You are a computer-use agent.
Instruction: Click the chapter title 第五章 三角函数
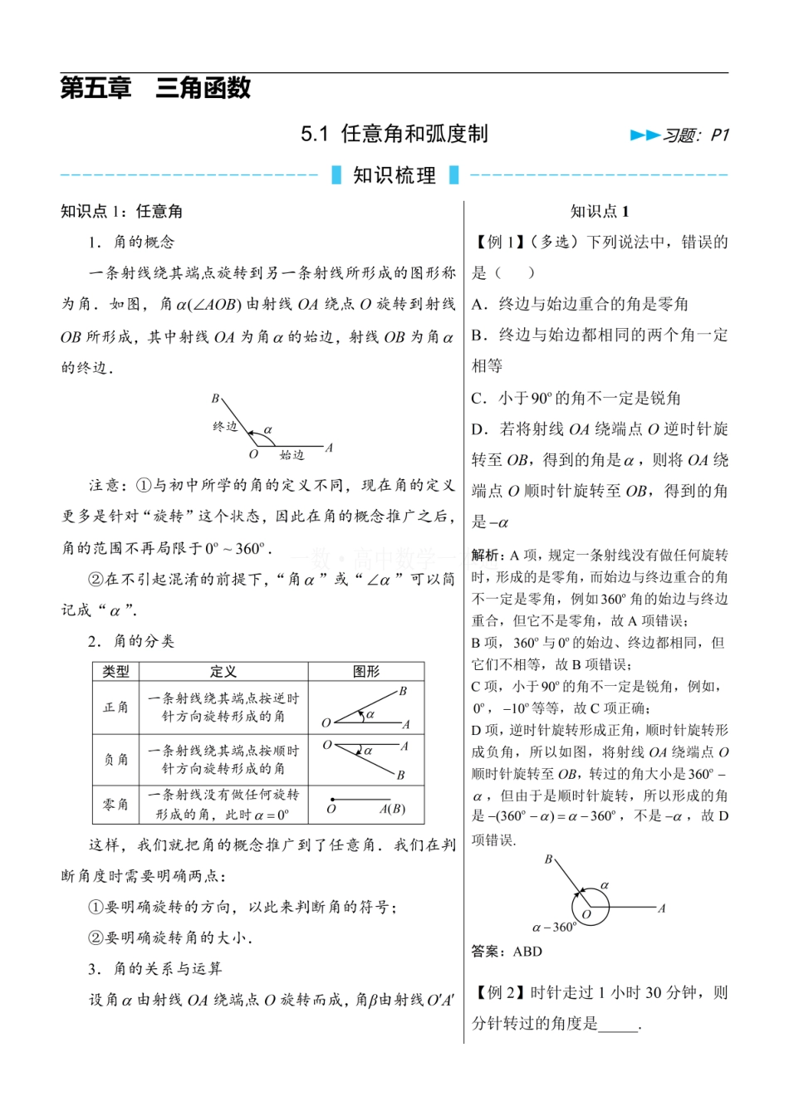coord(155,88)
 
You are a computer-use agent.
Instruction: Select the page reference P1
coord(719,135)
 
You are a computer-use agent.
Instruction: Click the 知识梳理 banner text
coord(394,175)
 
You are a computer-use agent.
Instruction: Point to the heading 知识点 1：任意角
coord(121,212)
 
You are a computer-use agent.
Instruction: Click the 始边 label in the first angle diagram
coord(292,455)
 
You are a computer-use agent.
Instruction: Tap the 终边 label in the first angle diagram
coord(225,426)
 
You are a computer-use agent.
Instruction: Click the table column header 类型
coord(115,672)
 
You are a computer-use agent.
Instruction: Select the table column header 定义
coord(223,672)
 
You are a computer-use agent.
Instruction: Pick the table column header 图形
coord(365,672)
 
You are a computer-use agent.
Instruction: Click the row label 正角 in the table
coord(115,707)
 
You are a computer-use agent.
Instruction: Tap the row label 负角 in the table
coord(115,759)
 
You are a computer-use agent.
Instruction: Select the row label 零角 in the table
coord(115,805)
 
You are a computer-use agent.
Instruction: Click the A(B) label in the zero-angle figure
coord(392,809)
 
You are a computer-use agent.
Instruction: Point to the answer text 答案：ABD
coord(507,952)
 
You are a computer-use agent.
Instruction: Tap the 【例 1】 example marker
coord(497,242)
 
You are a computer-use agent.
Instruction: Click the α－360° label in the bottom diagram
coord(554,928)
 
